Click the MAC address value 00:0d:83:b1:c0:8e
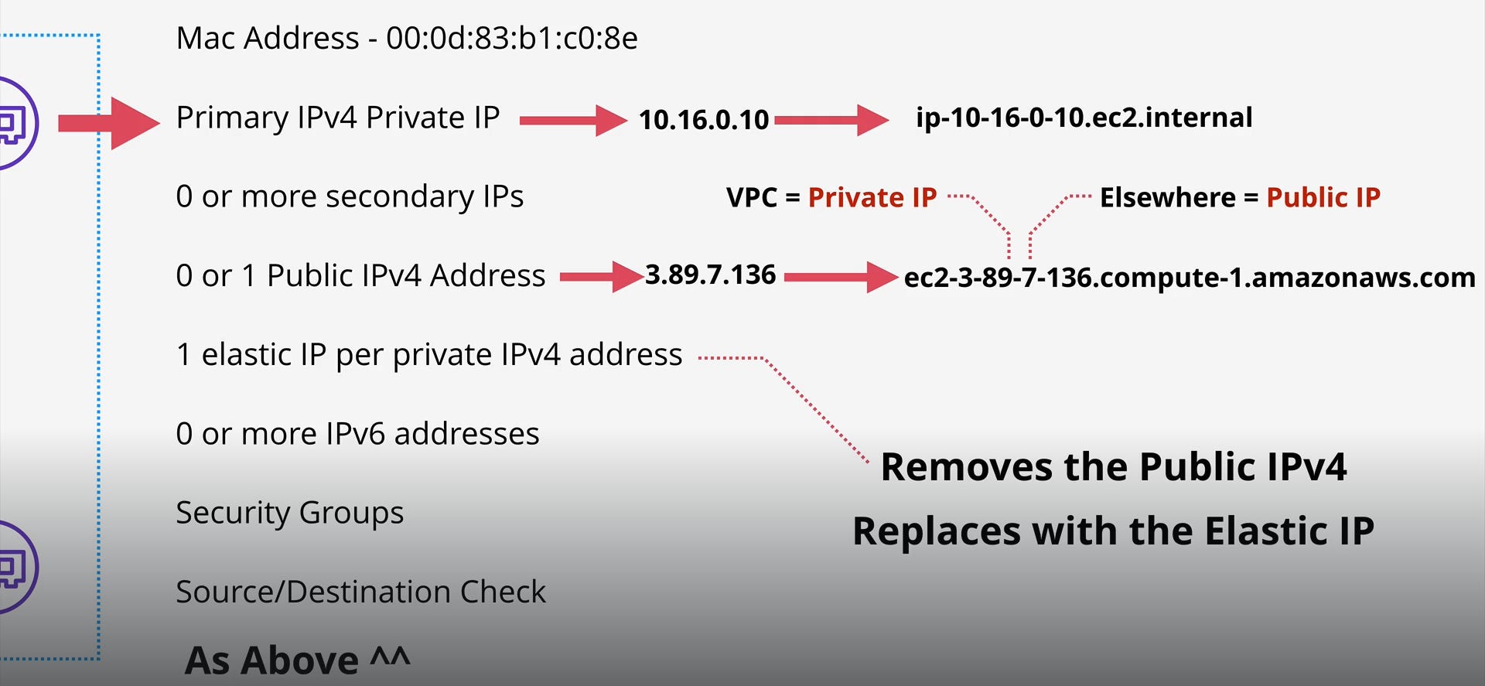(512, 38)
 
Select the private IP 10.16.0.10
(704, 120)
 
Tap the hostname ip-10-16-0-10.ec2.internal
(1084, 118)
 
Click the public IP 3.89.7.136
(710, 275)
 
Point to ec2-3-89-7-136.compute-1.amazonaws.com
(1190, 277)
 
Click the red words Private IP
(872, 197)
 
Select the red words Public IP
(1323, 197)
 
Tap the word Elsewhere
(1167, 197)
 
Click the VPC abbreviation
(751, 197)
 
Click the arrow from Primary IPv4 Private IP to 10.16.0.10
(572, 120)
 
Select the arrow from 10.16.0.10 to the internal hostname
(831, 120)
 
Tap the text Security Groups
(289, 513)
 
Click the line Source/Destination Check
(360, 592)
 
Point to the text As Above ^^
(297, 660)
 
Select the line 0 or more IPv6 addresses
(357, 434)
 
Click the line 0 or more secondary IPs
(350, 196)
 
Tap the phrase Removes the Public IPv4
(1113, 467)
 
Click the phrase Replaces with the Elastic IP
(1113, 531)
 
